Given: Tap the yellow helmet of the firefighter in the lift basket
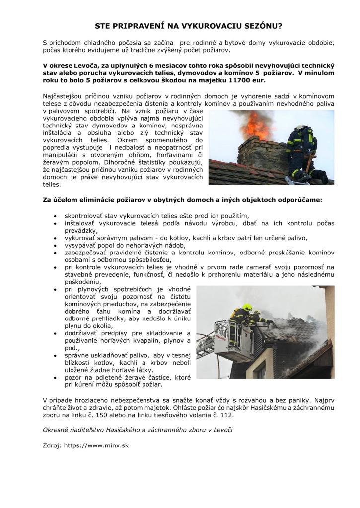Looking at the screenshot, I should [247, 307].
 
